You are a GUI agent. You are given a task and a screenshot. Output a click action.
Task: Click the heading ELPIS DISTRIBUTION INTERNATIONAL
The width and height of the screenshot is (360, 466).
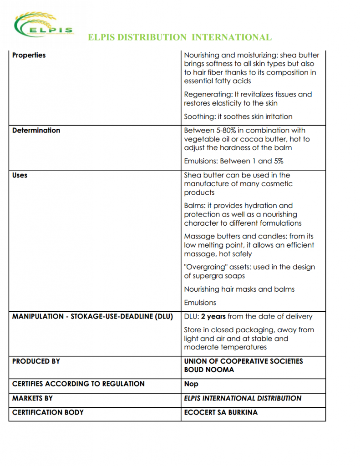[180, 37]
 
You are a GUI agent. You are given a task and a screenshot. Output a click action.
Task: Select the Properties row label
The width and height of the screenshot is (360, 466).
[29, 55]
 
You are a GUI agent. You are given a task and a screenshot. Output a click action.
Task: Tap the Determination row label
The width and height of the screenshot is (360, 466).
[36, 130]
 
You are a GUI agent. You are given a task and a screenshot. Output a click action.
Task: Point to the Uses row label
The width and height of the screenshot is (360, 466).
[20, 175]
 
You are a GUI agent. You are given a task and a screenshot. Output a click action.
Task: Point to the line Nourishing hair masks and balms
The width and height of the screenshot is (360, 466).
[239, 289]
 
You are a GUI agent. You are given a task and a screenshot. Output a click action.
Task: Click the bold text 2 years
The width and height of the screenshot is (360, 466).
[213, 316]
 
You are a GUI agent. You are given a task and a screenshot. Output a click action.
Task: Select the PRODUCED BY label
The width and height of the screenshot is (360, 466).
[36, 361]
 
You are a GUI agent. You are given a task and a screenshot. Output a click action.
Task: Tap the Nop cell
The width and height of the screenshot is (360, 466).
[191, 384]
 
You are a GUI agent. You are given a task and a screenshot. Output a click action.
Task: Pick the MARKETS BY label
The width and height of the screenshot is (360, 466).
[32, 398]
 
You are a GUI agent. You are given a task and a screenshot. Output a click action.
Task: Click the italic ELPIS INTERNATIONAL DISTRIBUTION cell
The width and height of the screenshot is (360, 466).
[243, 398]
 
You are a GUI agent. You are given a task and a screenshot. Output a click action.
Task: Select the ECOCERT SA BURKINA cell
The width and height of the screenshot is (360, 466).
[221, 412]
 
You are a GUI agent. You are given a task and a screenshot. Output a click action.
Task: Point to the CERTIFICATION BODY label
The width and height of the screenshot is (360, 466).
[48, 412]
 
